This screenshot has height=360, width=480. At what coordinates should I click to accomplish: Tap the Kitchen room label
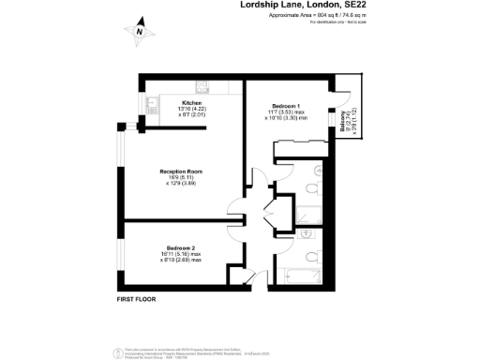pos(192,102)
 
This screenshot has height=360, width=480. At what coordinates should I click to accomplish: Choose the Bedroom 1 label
pos(285,105)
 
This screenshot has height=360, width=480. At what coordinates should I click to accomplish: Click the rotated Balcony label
pos(343,120)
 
